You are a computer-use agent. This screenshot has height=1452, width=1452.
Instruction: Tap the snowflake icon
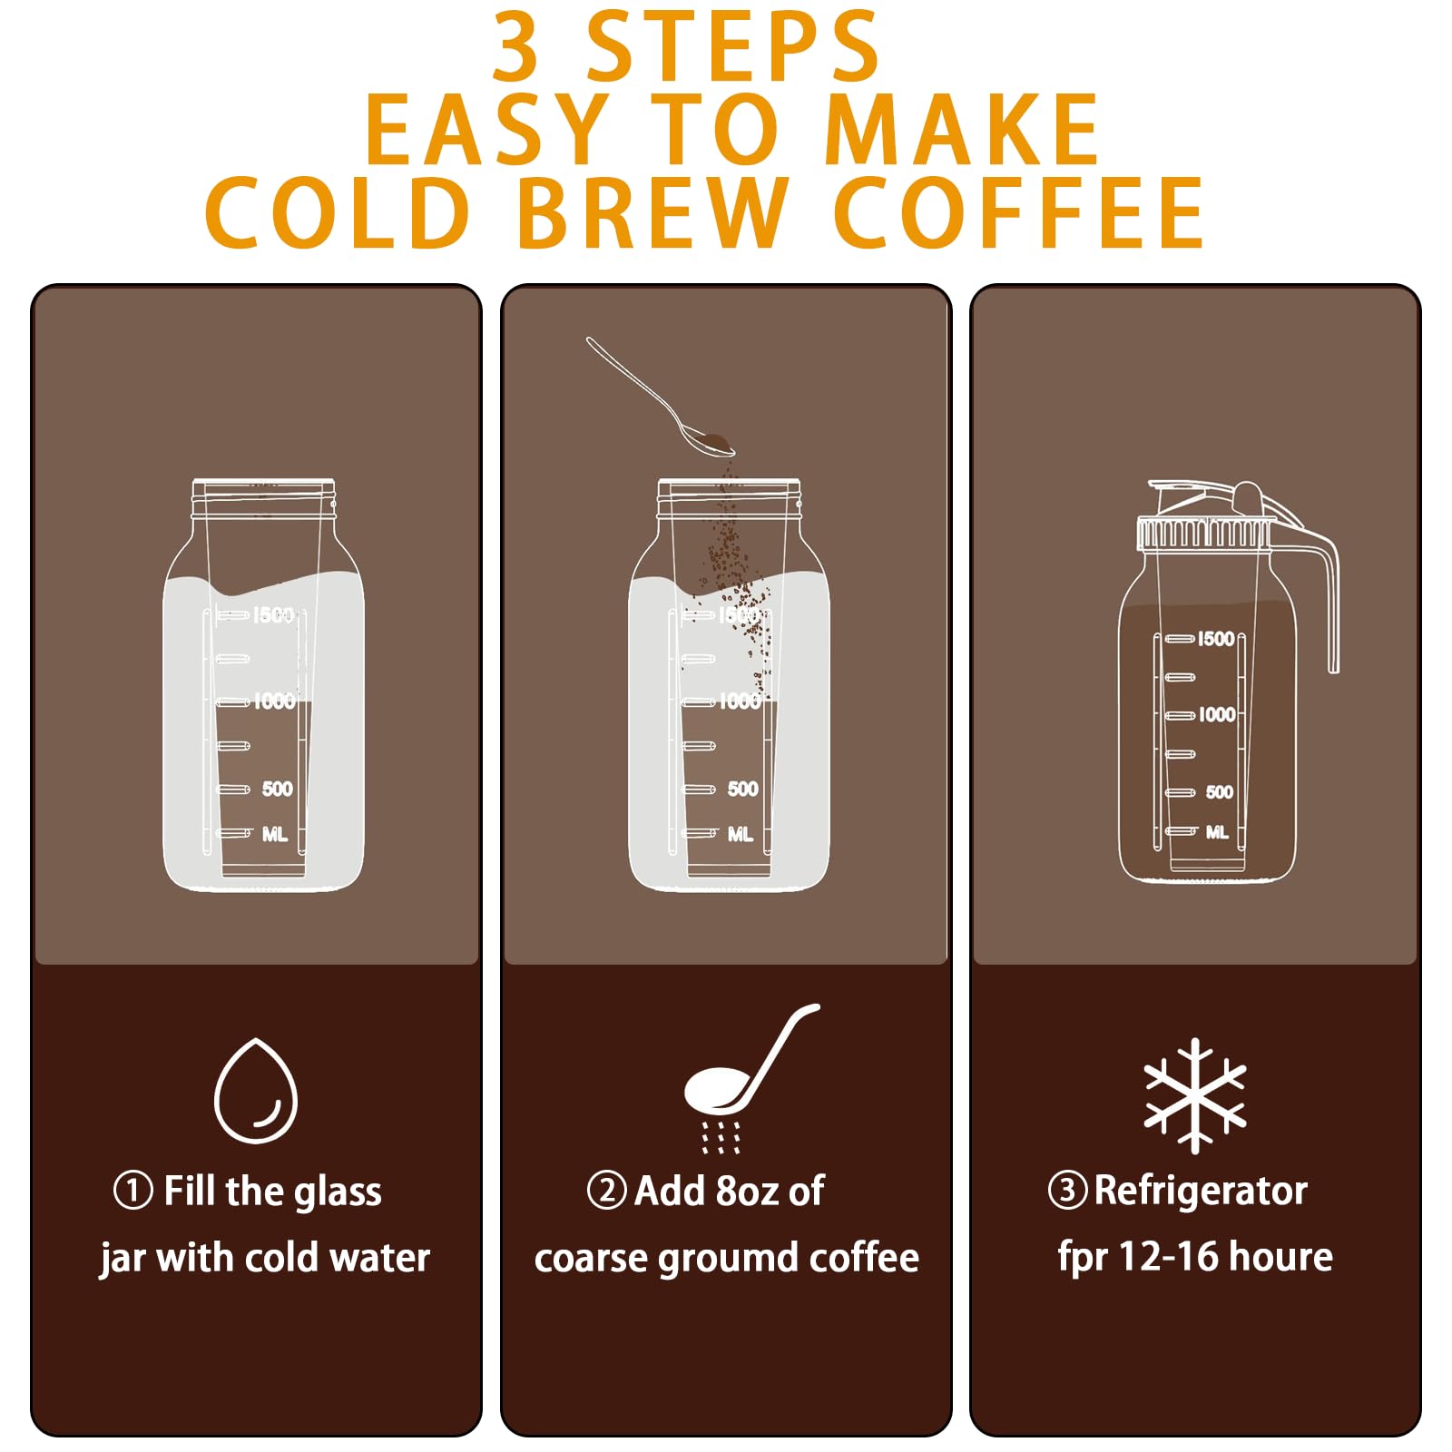[x=1194, y=1095]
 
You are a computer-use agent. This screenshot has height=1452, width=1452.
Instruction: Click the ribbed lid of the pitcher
[x=1205, y=533]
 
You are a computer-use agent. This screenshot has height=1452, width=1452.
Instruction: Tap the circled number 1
[x=132, y=1191]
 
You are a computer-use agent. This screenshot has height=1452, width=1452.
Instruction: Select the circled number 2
[x=606, y=1190]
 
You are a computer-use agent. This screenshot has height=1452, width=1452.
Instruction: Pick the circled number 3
[x=1067, y=1190]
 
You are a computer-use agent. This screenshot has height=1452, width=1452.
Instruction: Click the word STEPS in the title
[x=733, y=46]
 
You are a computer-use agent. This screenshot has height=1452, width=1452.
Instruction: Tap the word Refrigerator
[x=1201, y=1191]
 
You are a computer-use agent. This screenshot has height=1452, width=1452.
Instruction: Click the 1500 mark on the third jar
[x=1216, y=639]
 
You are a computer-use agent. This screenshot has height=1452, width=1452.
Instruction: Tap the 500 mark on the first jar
[x=278, y=789]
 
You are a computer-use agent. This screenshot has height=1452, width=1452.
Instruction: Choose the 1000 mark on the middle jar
[x=740, y=701]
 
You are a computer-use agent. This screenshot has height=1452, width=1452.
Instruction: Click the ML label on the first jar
[x=275, y=834]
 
